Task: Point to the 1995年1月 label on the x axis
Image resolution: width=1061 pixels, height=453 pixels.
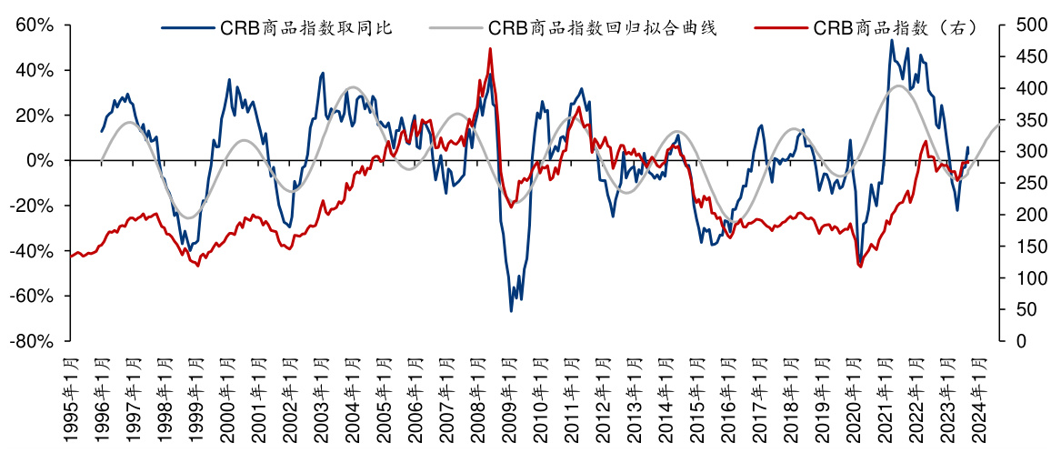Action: pos(71,398)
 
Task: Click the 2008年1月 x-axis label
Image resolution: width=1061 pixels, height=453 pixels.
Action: pos(475,398)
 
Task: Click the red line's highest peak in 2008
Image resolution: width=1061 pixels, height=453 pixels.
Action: pos(490,49)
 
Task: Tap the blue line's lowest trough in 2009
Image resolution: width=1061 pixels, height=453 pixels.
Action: pos(511,311)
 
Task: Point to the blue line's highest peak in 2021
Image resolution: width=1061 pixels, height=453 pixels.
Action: pos(891,40)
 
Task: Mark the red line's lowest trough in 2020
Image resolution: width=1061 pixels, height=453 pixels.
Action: pos(859,266)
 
